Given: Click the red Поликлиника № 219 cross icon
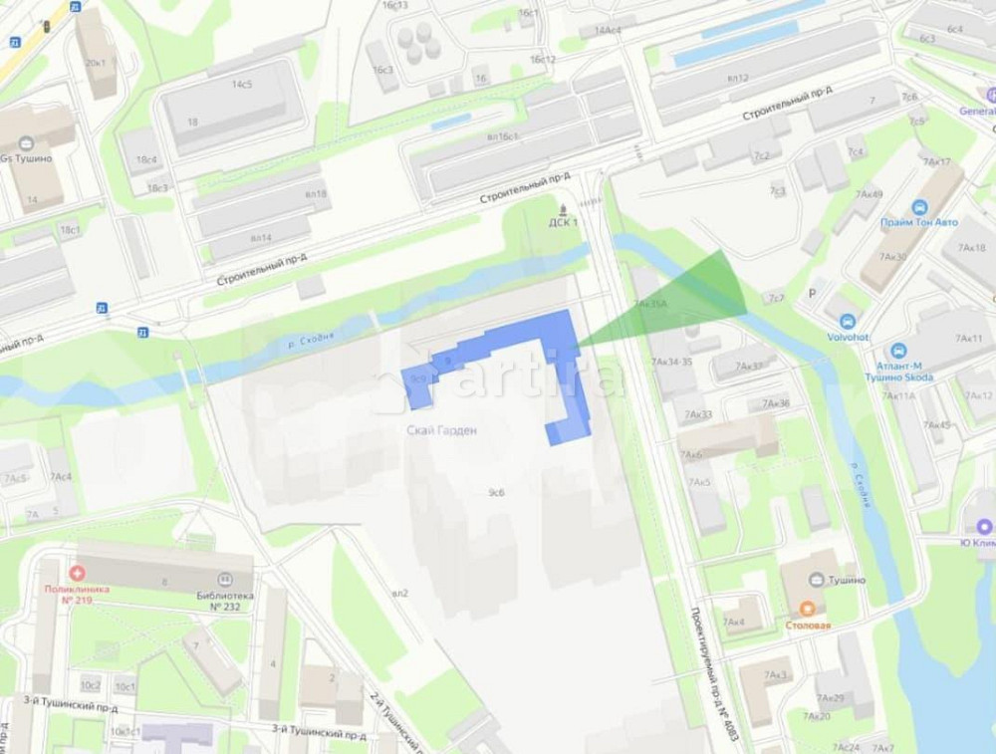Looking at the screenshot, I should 77,572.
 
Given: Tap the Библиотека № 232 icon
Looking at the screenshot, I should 225,579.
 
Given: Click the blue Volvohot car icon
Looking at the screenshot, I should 848,322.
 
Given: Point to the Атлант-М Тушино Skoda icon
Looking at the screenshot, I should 898,351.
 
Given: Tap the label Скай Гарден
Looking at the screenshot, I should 442,430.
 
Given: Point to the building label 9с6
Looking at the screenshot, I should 496,492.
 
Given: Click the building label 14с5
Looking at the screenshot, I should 242,85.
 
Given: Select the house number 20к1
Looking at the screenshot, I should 97,63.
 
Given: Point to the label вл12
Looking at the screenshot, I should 737,78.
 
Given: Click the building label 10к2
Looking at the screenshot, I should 91,685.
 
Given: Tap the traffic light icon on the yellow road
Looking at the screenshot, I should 46,27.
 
